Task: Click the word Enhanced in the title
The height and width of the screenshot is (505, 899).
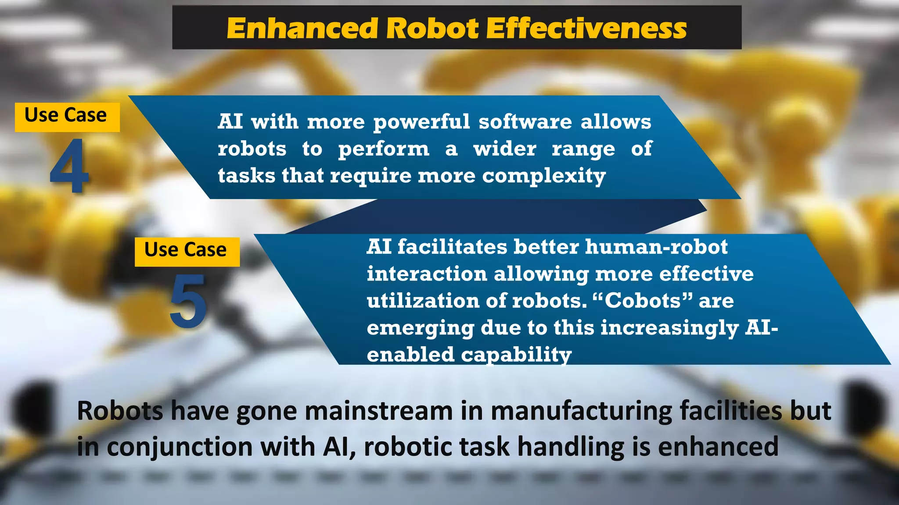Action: (302, 28)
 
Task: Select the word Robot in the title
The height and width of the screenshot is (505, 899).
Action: (432, 28)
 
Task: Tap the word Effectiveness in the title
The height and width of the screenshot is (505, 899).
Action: (586, 28)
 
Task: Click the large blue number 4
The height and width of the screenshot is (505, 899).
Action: (69, 167)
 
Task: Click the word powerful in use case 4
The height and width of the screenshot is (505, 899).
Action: (421, 121)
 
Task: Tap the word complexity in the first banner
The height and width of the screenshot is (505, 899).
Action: (544, 176)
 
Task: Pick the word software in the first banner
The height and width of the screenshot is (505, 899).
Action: (525, 121)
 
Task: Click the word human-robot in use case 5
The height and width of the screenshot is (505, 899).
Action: (656, 247)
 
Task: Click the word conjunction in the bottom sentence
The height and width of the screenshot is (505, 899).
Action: (180, 447)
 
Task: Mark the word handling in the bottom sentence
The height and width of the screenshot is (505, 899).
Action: (570, 447)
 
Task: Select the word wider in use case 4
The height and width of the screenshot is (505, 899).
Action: (505, 149)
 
